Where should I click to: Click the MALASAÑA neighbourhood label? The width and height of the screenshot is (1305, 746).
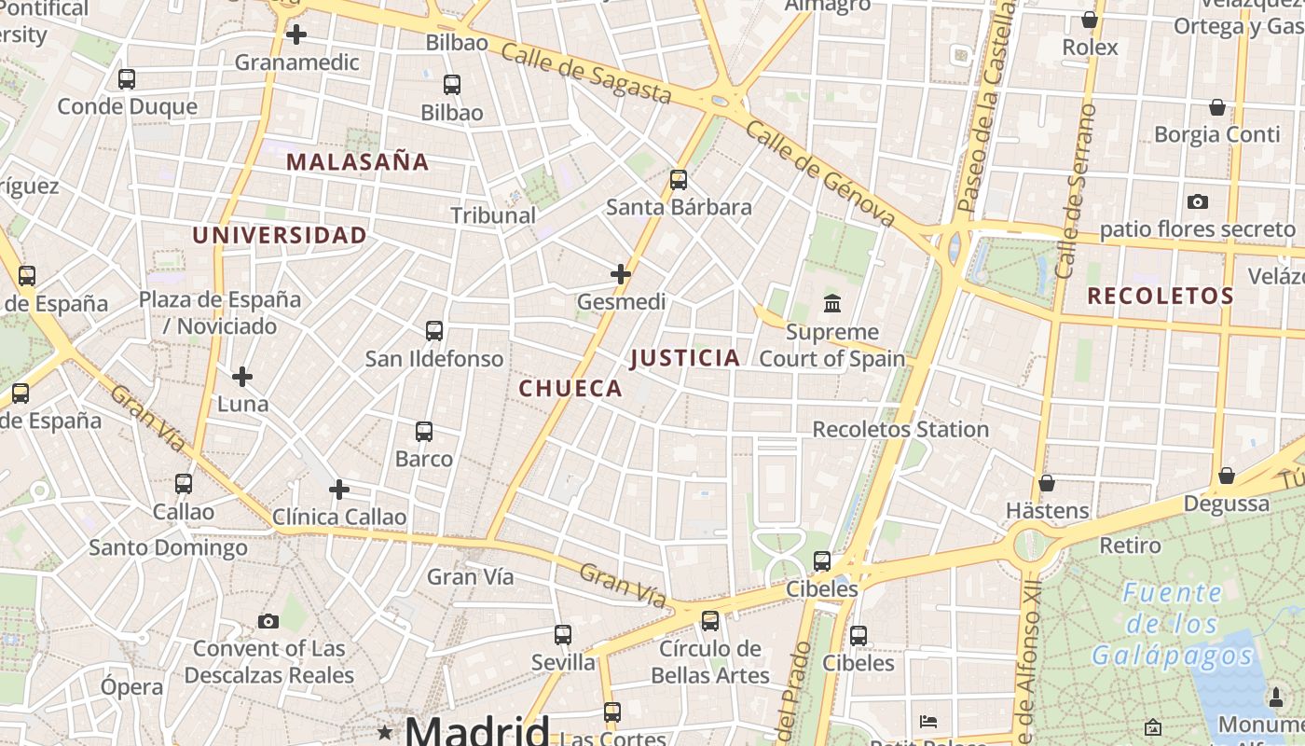point(357,162)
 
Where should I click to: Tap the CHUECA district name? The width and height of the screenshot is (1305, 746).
point(570,389)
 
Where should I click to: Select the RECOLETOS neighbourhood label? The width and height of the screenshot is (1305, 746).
point(1161,297)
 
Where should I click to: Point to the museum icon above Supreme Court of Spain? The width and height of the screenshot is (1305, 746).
point(831,304)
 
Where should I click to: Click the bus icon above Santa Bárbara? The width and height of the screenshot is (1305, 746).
point(679,179)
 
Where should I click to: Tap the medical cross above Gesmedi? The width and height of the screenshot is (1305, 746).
point(621,274)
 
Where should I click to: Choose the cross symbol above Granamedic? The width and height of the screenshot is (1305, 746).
point(296,35)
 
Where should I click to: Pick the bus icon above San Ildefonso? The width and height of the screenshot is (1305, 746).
point(434,330)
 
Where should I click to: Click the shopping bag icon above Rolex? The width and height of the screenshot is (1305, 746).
point(1089,20)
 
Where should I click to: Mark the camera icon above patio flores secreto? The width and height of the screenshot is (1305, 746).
point(1198,201)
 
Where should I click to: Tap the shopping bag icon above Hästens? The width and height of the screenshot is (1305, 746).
point(1047,483)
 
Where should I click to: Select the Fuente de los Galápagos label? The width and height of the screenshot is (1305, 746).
point(1173,624)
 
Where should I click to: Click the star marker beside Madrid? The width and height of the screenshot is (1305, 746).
point(384,732)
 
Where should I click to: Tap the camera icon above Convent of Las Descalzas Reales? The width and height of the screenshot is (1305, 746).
point(268,621)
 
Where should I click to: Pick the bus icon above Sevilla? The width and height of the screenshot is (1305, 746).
point(563,635)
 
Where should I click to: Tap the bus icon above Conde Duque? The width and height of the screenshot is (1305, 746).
point(127,79)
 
